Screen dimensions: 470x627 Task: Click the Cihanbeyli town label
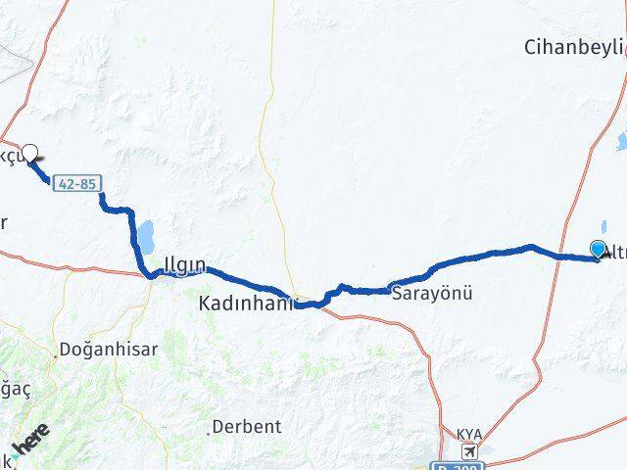(574, 47)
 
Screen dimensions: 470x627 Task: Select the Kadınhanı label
(245, 305)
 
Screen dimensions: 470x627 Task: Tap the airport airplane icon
(472, 450)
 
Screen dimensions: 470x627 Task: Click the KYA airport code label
(471, 434)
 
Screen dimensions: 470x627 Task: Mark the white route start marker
(29, 153)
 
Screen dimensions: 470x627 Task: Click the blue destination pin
(598, 249)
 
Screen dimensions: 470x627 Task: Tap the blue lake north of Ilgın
(146, 236)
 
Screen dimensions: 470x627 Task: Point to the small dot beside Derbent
(210, 427)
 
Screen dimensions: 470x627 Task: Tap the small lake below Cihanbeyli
(621, 144)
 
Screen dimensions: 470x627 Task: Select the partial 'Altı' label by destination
(614, 254)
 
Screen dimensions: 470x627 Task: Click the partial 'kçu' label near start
(10, 159)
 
